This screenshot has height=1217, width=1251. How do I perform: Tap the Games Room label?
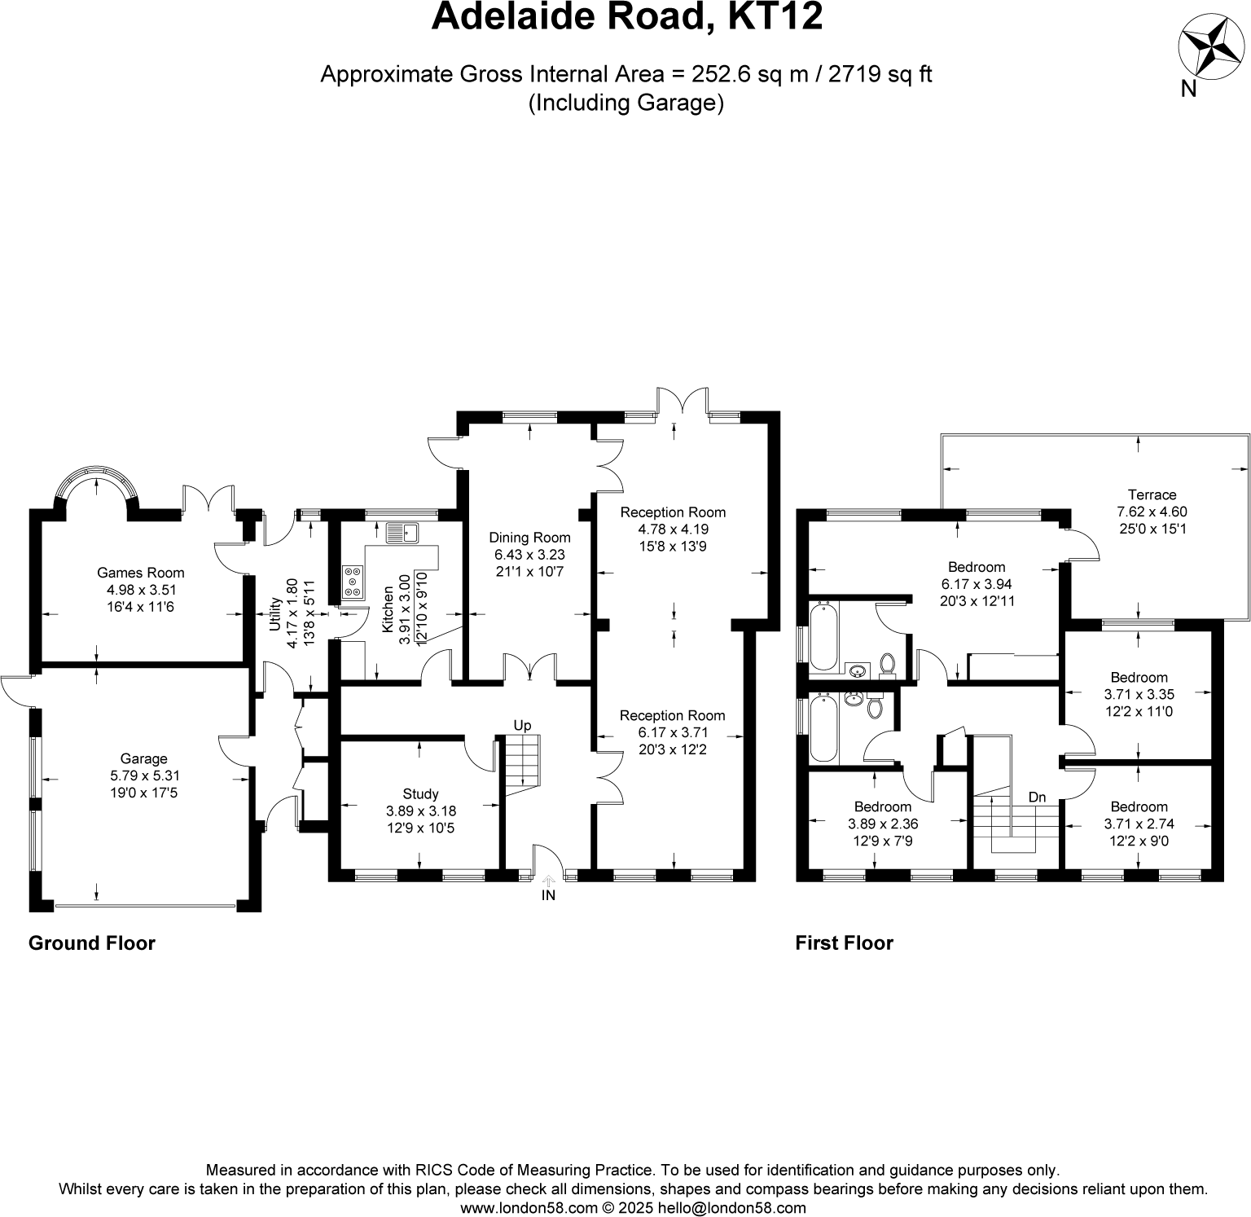141,573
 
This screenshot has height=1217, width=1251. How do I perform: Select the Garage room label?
143,758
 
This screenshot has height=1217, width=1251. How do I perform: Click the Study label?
420,793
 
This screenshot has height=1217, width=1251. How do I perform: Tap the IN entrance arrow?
548,881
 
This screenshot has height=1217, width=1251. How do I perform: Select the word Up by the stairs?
522,725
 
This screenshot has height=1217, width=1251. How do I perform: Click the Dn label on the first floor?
1037,797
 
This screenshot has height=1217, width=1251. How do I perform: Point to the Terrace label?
1152,494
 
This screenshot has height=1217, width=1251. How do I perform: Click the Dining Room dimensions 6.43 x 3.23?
529,555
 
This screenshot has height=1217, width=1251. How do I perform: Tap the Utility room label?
275,612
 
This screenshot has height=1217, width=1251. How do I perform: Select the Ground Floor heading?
91,942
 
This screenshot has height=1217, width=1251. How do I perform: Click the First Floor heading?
844,942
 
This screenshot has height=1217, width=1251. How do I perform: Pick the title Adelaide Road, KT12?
626,17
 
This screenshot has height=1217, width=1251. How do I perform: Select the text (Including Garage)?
625,103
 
